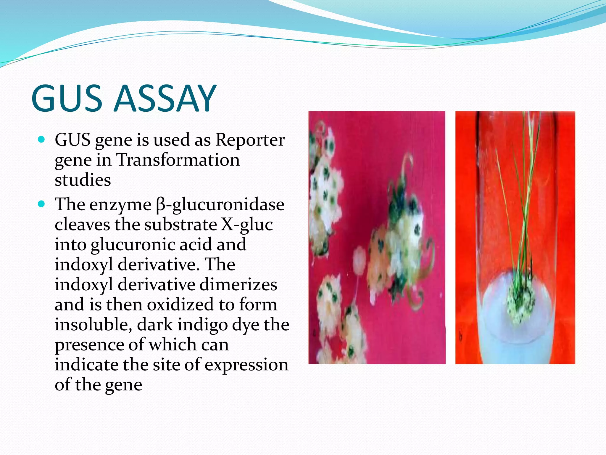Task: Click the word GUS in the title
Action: (x=67, y=98)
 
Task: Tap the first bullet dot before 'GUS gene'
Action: (x=41, y=139)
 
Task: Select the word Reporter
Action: (x=250, y=140)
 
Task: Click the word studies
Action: (x=83, y=180)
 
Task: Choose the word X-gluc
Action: (x=247, y=225)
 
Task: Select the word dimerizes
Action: (x=238, y=285)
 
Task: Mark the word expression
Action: (x=246, y=365)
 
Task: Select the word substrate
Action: (x=181, y=225)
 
